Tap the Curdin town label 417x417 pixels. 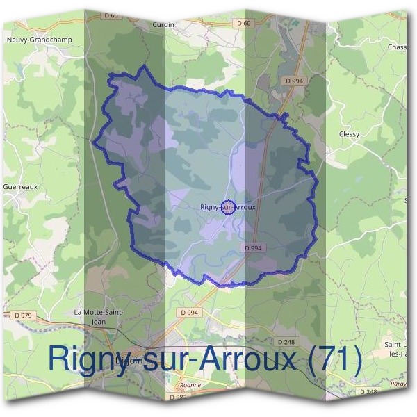pos(163,24)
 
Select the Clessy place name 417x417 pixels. pos(349,134)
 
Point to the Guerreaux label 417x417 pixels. pos(19,187)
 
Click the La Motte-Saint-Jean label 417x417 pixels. pos(99,316)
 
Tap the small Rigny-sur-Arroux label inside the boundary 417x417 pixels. pos(228,207)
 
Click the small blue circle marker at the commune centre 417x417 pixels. pos(228,207)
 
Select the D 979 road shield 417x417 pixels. pos(22,316)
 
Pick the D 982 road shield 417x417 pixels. pos(177,397)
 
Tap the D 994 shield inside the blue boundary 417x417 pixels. pos(253,248)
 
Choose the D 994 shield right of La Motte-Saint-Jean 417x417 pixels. pos(188,313)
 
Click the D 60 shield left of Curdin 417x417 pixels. pos(111,15)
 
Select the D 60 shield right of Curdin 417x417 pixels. pos(243,23)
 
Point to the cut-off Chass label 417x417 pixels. pos(397,47)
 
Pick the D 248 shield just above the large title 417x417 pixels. pos(286,341)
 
